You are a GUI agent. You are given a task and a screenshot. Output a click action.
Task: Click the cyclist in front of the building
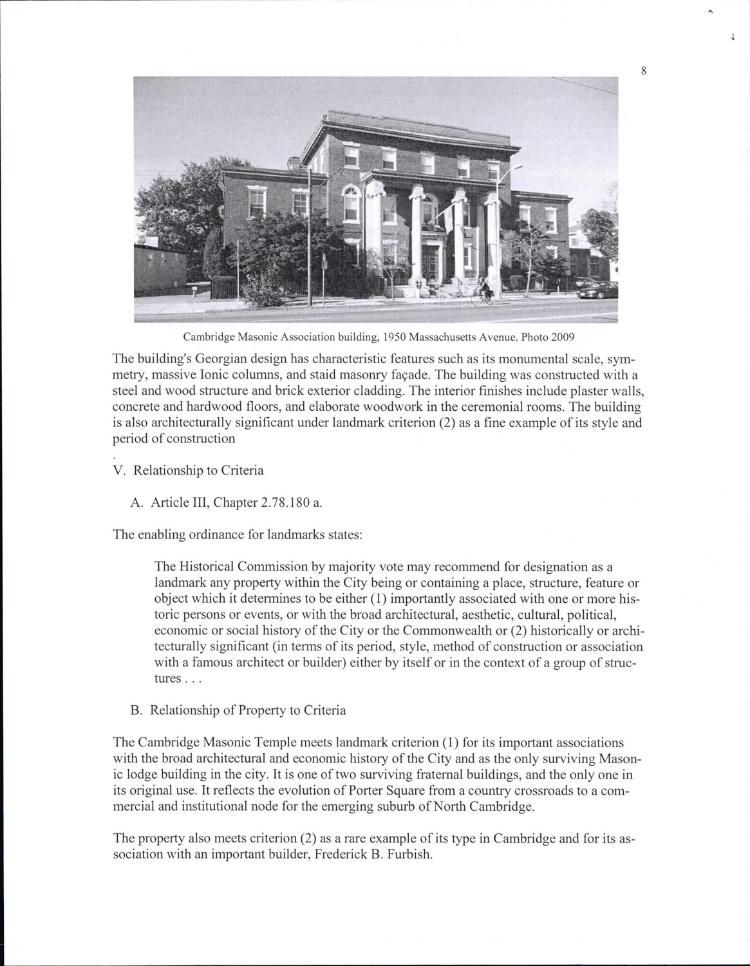point(483,291)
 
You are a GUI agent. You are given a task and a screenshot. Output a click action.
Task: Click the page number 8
point(643,71)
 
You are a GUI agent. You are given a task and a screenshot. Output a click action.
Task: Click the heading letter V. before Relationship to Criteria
point(118,470)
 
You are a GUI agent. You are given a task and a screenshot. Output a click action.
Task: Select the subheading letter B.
point(135,710)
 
